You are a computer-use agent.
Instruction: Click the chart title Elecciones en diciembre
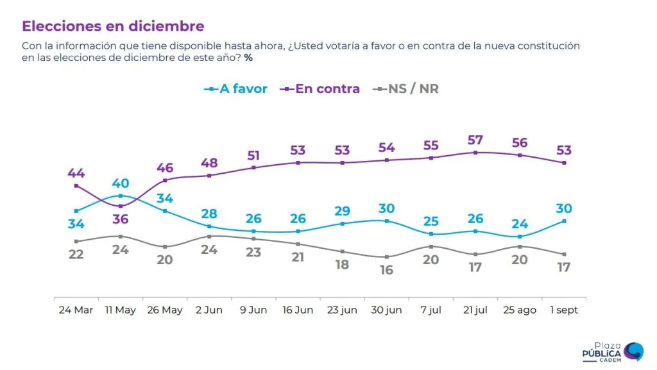[x=113, y=26]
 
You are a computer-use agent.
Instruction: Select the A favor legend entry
[x=235, y=89]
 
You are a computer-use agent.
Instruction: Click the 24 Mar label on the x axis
[x=76, y=310]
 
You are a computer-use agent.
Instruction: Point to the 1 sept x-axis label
[x=563, y=310]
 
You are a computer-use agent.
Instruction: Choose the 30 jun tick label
[x=386, y=310]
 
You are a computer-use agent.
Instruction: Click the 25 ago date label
[x=519, y=310]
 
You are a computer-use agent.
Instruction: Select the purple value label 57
[x=475, y=139]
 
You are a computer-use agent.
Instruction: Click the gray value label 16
[x=386, y=270]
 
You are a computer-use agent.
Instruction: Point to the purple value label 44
[x=76, y=173]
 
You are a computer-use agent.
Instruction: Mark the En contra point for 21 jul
[x=475, y=153]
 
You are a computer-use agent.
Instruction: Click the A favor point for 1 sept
[x=564, y=221]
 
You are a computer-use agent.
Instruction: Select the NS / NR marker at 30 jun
[x=386, y=257]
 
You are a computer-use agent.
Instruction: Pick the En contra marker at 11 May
[x=121, y=206]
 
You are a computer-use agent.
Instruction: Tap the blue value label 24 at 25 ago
[x=519, y=224]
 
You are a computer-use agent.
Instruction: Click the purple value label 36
[x=121, y=219]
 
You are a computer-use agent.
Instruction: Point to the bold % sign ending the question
[x=248, y=58]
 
